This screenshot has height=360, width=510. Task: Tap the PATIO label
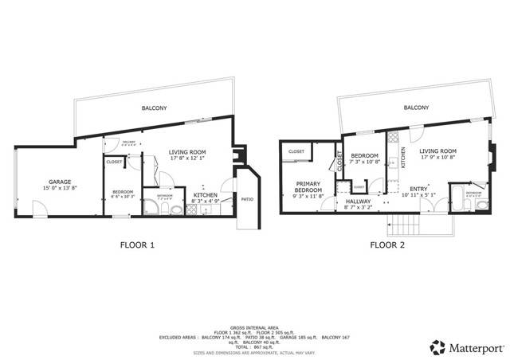[x=247, y=199]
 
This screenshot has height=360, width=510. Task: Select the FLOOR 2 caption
[x=387, y=245]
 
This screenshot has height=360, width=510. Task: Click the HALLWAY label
[x=358, y=202]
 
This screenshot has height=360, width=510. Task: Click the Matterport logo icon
[x=437, y=346]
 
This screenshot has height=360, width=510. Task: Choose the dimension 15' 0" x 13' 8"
[x=61, y=188]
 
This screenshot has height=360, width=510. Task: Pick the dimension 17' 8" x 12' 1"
[x=188, y=158]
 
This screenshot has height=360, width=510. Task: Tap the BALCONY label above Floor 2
[x=416, y=107]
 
